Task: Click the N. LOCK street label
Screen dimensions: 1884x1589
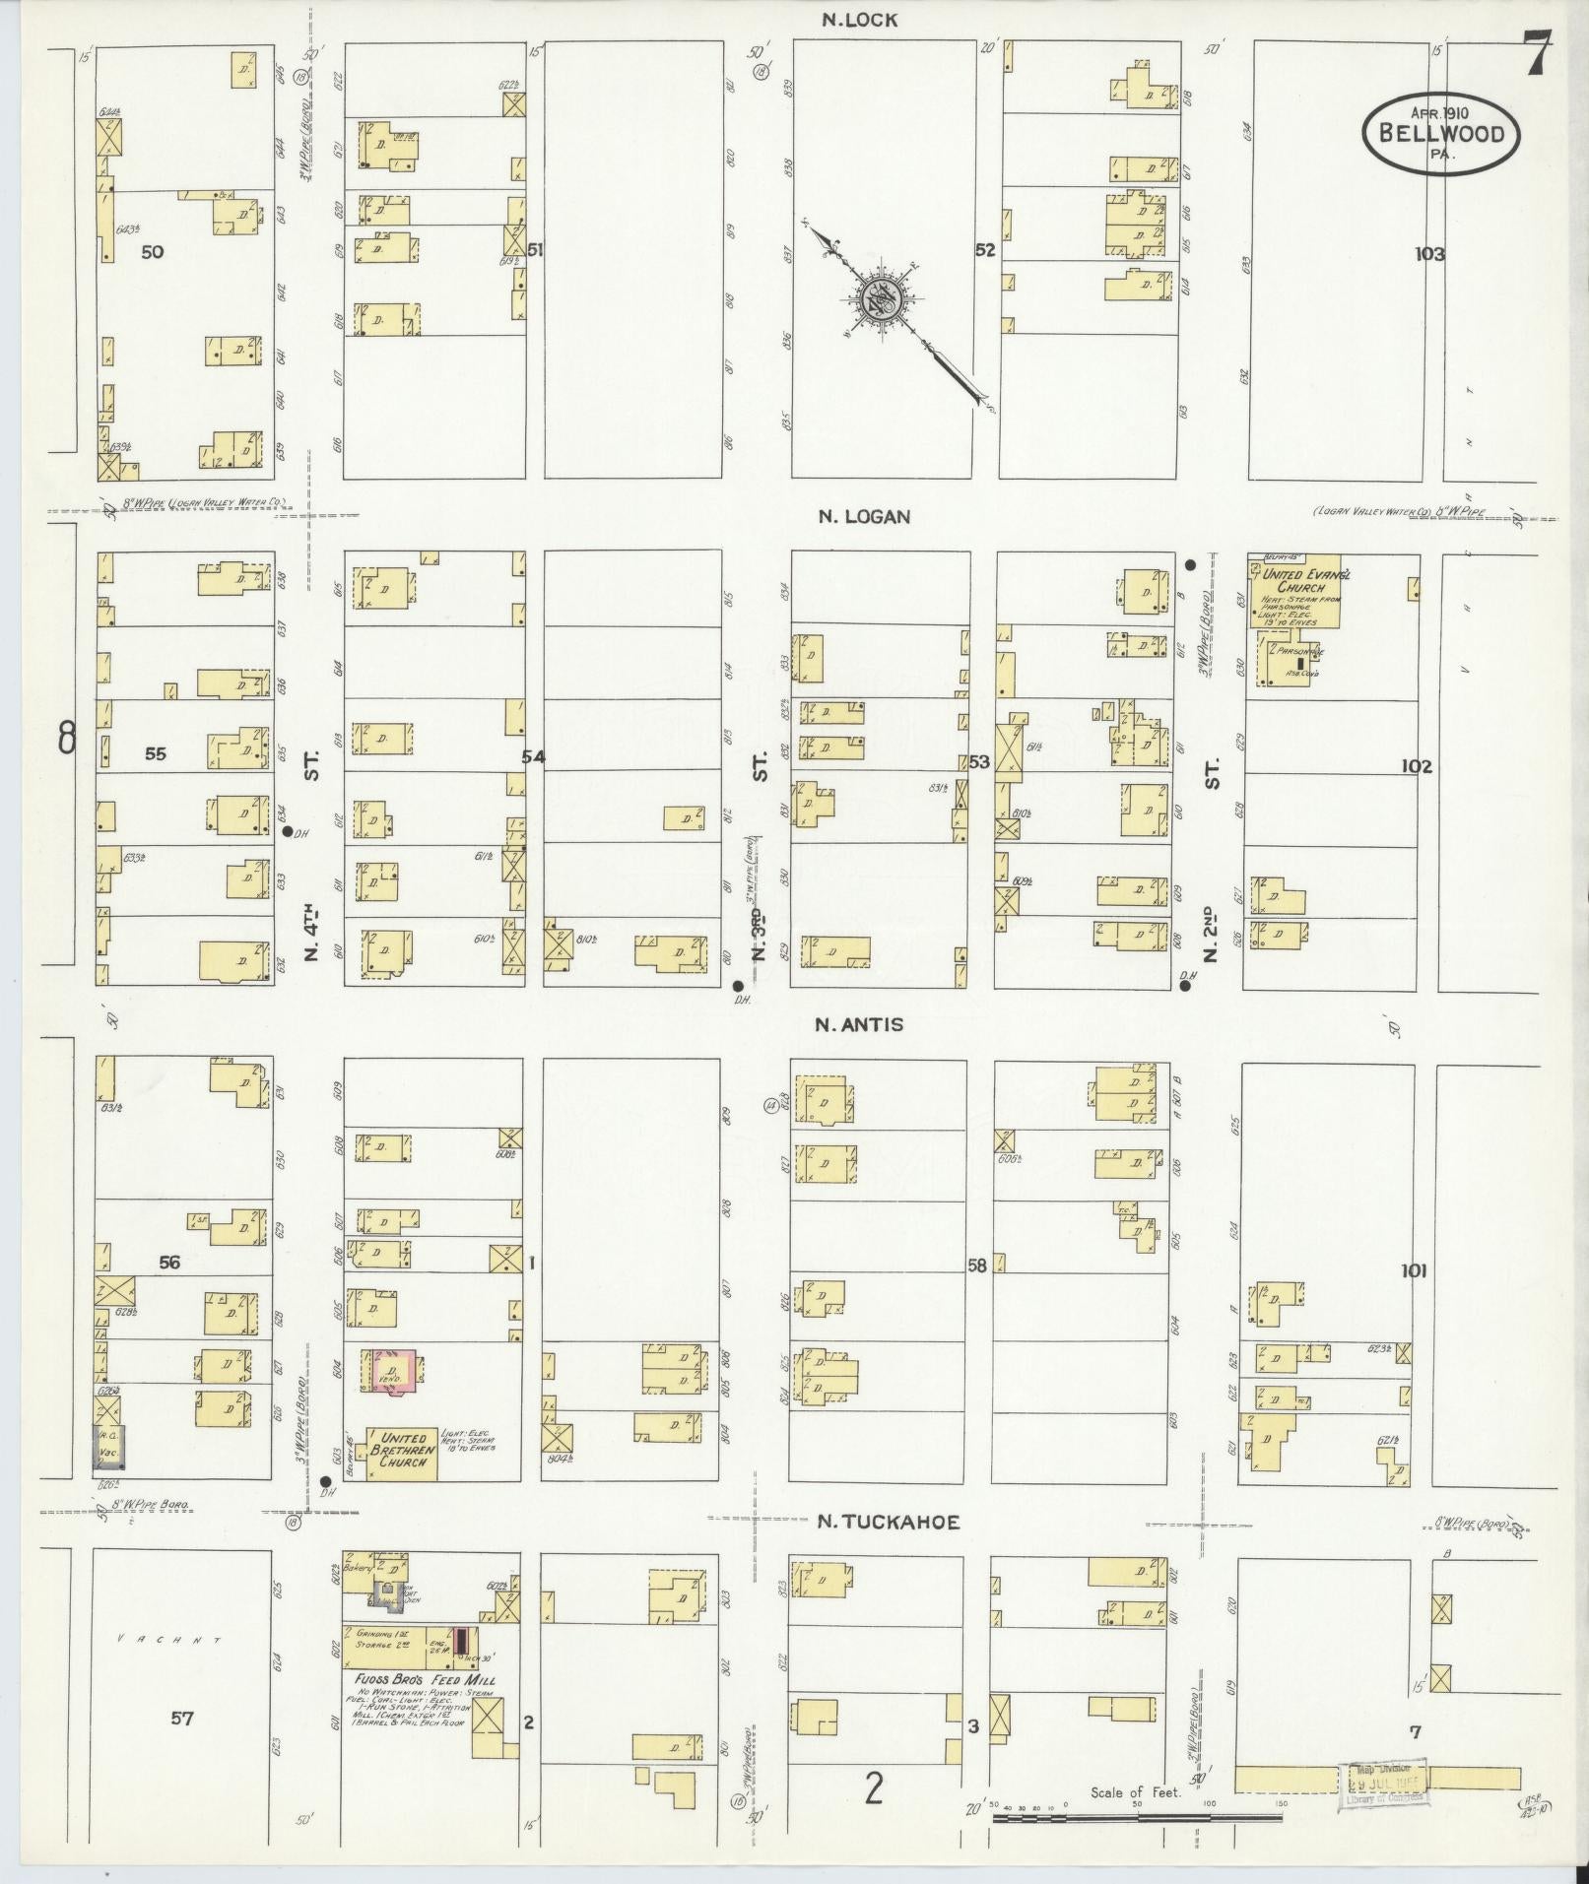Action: point(860,20)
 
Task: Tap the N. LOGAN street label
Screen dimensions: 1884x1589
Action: point(864,516)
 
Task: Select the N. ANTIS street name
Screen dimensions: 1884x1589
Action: point(858,1024)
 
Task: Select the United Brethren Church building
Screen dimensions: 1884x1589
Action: point(402,1453)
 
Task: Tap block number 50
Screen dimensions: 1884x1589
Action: point(152,252)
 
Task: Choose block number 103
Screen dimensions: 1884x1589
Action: point(1428,254)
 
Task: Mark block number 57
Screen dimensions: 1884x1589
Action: point(181,1720)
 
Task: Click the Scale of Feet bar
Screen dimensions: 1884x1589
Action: point(1138,1818)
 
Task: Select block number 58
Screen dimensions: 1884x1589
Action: point(976,1267)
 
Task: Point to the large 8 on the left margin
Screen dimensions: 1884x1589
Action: point(67,738)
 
